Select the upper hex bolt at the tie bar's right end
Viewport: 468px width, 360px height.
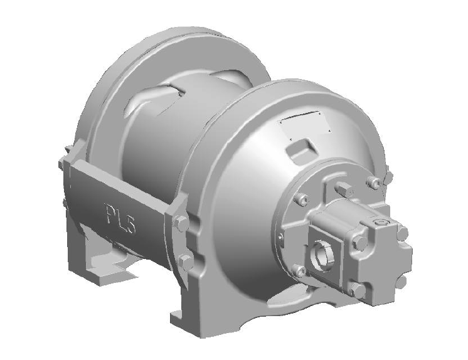click(x=179, y=223)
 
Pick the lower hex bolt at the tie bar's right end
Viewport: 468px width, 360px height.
click(x=186, y=262)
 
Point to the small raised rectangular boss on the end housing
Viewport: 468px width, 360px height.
click(x=299, y=151)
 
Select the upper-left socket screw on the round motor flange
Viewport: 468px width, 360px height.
click(x=300, y=201)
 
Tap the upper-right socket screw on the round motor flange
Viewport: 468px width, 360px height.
click(x=375, y=183)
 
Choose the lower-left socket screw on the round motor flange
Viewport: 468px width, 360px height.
click(x=300, y=271)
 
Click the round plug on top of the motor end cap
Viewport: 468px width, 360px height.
click(x=381, y=222)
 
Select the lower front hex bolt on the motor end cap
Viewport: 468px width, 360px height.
click(x=356, y=290)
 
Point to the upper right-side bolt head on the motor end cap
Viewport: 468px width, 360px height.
click(x=401, y=233)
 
